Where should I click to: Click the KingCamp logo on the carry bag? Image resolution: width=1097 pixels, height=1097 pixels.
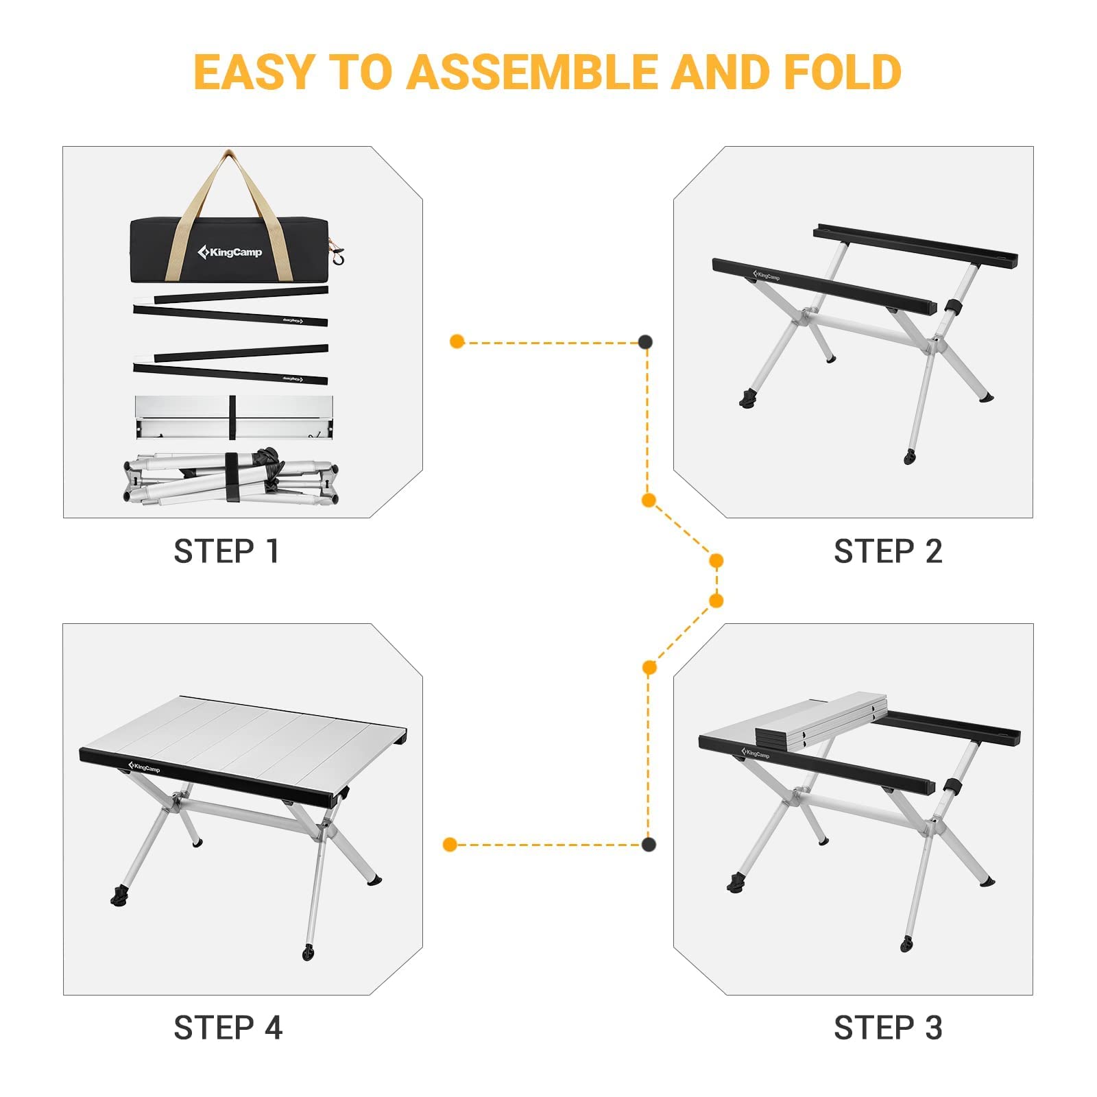point(230,252)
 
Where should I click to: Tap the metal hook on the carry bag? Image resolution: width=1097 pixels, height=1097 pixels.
point(337,258)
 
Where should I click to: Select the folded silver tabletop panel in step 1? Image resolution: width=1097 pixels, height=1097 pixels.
point(234,417)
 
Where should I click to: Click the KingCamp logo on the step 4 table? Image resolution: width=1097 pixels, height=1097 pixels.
point(144,767)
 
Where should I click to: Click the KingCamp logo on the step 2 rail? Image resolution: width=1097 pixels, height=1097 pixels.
point(767,276)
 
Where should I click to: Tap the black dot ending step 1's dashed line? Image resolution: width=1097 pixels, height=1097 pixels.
point(645,341)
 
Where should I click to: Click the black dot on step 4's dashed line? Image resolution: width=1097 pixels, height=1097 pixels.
point(649,844)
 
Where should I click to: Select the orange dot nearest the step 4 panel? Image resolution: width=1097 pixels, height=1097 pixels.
point(450,844)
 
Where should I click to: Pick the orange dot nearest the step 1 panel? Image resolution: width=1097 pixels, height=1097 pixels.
point(457,341)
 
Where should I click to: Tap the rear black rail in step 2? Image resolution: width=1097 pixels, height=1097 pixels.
point(915,245)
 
